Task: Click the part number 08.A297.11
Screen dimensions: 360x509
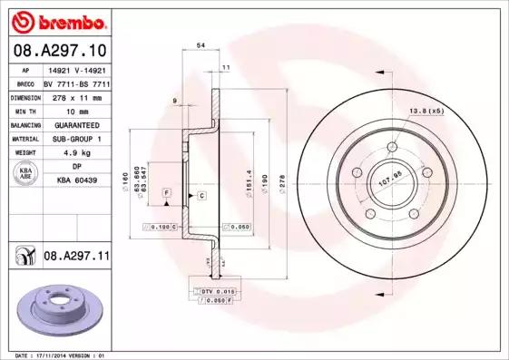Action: point(76,257)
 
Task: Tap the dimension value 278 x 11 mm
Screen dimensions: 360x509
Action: point(75,96)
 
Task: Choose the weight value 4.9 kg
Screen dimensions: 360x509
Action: point(75,152)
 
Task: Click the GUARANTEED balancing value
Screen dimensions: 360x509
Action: point(75,124)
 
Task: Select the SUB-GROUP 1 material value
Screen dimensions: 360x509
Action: point(75,138)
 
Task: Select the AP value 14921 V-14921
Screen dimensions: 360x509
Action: point(75,69)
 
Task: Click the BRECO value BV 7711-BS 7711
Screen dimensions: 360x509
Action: point(75,83)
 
